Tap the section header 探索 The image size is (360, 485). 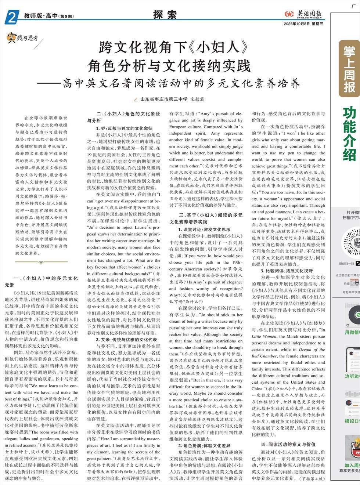point(165,15)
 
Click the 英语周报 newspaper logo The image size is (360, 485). point(303,14)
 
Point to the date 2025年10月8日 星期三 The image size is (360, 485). point(303,24)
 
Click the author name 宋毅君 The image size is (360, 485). point(197,99)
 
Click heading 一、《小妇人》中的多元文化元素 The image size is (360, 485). point(41,281)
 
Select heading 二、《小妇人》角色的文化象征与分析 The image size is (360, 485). point(123,117)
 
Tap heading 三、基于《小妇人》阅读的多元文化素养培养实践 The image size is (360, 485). point(206,218)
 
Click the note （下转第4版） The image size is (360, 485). point(312,479)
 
